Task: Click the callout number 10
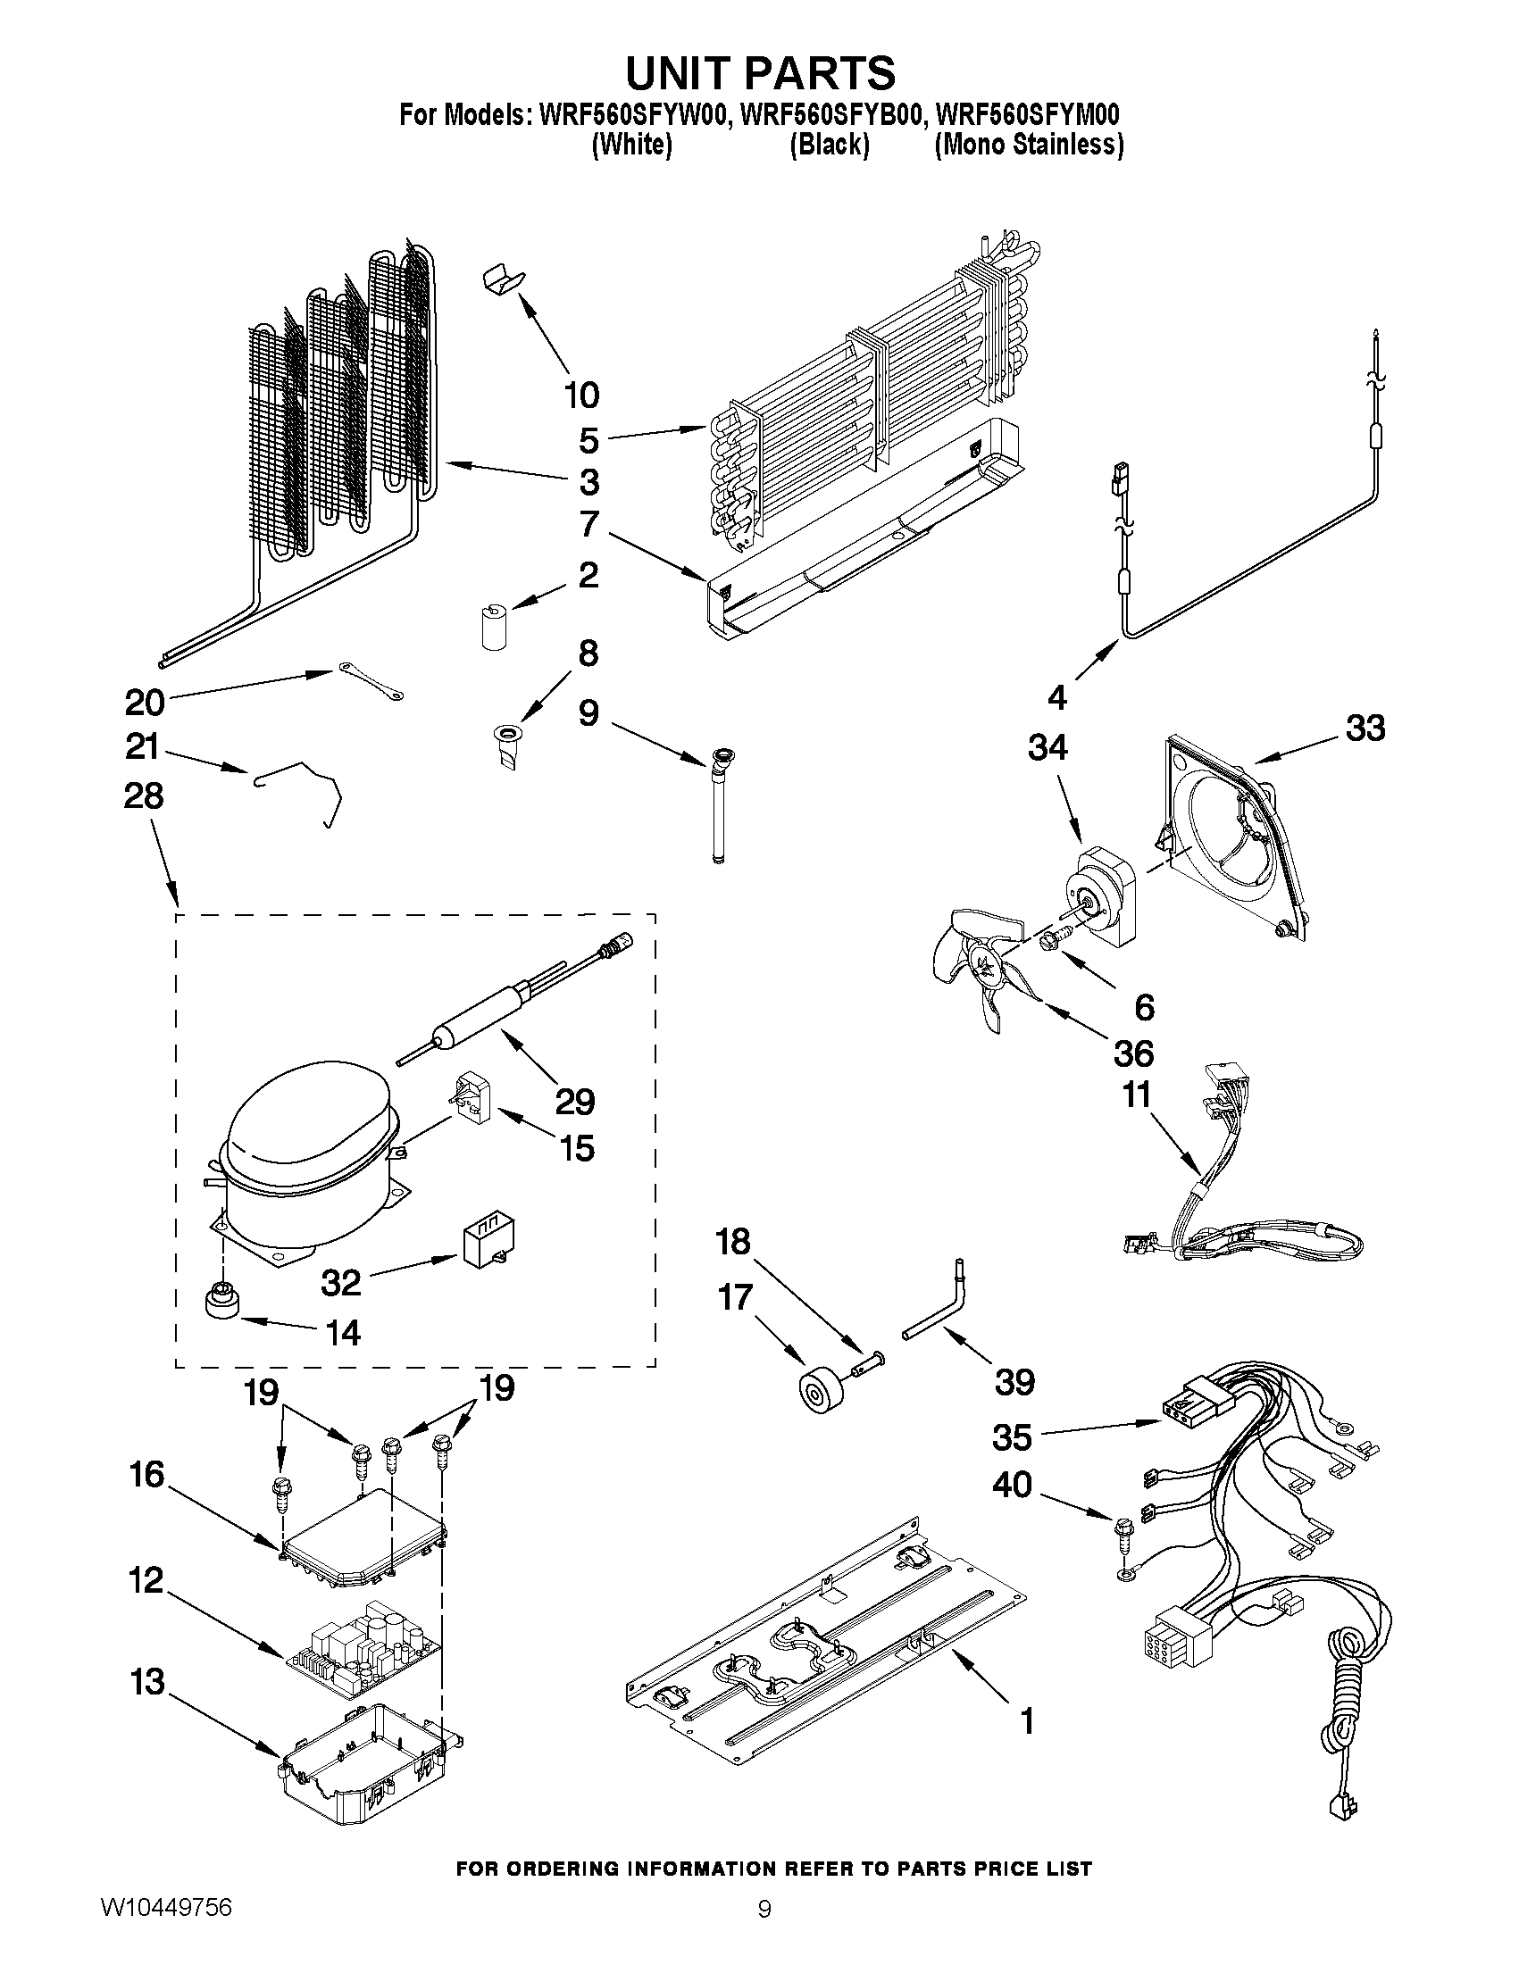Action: click(581, 395)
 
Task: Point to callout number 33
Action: click(1365, 729)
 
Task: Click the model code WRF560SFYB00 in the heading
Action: click(829, 116)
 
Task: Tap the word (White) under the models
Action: click(631, 145)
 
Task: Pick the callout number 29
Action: click(575, 1102)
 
